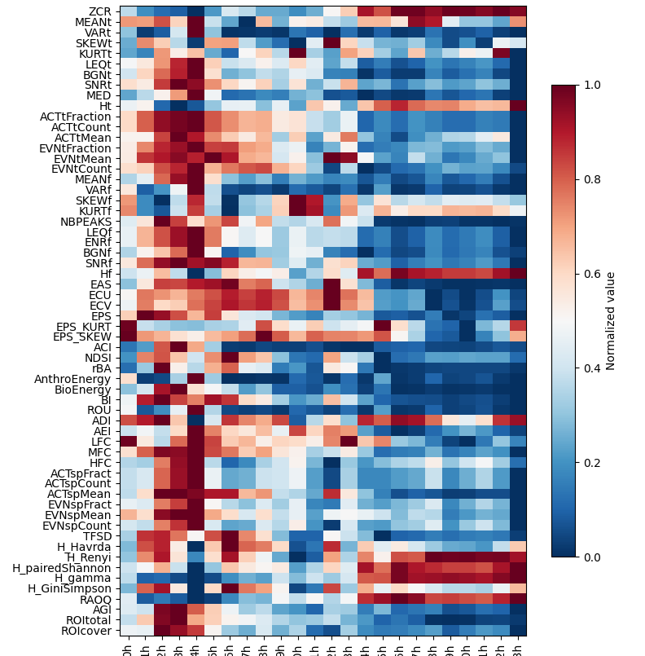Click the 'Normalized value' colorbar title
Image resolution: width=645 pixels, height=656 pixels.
tap(611, 321)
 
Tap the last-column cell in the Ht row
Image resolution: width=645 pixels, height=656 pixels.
tap(518, 105)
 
